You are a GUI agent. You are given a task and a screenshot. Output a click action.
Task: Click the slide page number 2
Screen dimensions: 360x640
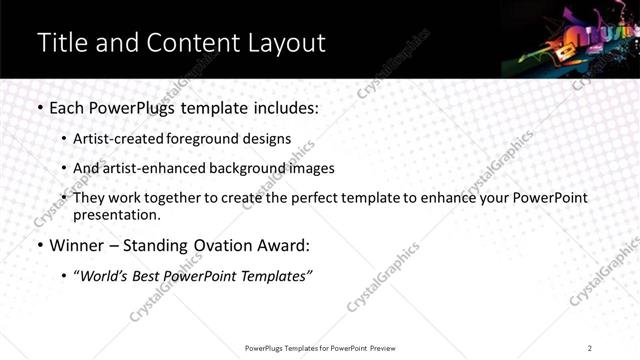coord(590,347)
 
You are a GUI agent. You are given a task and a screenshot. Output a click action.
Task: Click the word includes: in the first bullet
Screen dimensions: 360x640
coord(283,107)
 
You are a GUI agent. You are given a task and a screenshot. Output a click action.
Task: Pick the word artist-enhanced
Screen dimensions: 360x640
coord(151,168)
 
